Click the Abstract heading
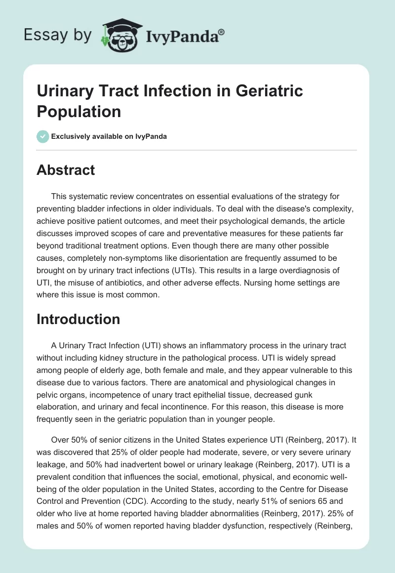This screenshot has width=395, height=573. coord(66,170)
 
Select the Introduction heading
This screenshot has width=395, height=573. coord(78,319)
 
